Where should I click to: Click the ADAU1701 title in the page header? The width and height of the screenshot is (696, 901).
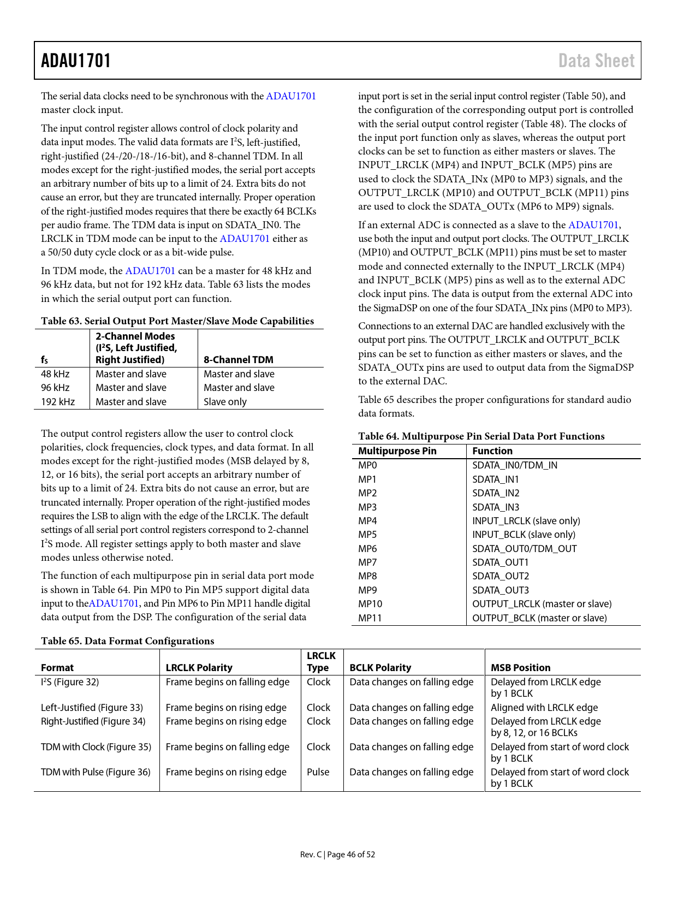click(76, 61)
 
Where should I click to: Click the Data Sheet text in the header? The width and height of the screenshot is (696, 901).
click(596, 61)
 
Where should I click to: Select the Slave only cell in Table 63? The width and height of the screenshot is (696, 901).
click(225, 402)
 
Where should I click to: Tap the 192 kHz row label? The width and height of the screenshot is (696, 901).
click(58, 402)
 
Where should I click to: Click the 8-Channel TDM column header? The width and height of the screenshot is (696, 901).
click(238, 360)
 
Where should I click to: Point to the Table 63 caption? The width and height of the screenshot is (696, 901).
click(177, 321)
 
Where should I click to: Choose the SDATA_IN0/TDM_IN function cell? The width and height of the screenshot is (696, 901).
click(515, 465)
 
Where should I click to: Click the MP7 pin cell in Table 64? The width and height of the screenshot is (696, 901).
click(367, 562)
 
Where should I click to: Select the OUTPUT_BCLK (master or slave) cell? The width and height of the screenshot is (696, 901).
click(539, 618)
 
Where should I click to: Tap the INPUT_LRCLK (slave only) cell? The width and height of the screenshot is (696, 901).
click(526, 521)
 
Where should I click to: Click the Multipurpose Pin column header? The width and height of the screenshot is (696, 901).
click(397, 451)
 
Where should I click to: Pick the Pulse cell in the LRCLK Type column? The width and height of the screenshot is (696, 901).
click(318, 772)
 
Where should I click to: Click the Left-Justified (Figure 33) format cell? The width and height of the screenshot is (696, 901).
click(92, 708)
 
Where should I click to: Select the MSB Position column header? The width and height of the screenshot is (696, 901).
click(520, 668)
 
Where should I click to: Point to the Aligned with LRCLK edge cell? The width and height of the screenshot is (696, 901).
click(544, 708)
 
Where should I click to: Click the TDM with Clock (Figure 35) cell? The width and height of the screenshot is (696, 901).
click(96, 747)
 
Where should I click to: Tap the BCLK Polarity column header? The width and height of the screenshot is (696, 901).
click(380, 668)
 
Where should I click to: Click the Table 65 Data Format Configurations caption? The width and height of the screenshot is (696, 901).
click(127, 641)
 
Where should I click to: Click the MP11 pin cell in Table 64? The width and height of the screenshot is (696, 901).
click(370, 618)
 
